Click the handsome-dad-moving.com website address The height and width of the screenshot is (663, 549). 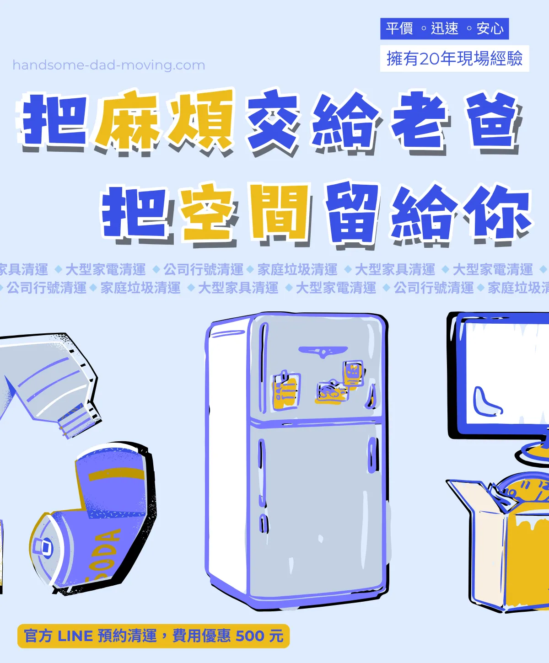pos(108,65)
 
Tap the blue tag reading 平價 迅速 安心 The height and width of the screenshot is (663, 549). pos(444,29)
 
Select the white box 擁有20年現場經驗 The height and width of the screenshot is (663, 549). pos(454,59)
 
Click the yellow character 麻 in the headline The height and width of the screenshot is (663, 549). pos(128,120)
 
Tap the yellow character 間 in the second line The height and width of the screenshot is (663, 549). pos(279,213)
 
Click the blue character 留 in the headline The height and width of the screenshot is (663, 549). pos(352,213)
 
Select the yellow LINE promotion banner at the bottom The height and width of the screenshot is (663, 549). pos(154,636)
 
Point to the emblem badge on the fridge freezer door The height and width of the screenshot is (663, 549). pos(323,352)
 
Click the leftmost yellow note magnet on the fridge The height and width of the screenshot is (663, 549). pos(286,391)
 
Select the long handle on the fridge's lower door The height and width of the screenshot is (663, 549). pos(373,455)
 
